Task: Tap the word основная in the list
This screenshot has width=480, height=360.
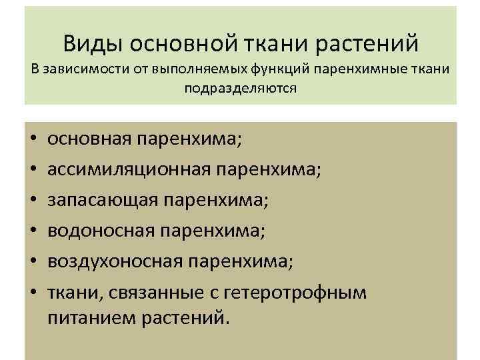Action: click(91, 139)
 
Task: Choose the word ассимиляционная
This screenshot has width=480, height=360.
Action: click(129, 170)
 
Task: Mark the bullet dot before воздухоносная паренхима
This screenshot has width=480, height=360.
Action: click(33, 262)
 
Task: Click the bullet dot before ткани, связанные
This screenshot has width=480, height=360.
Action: click(33, 293)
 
